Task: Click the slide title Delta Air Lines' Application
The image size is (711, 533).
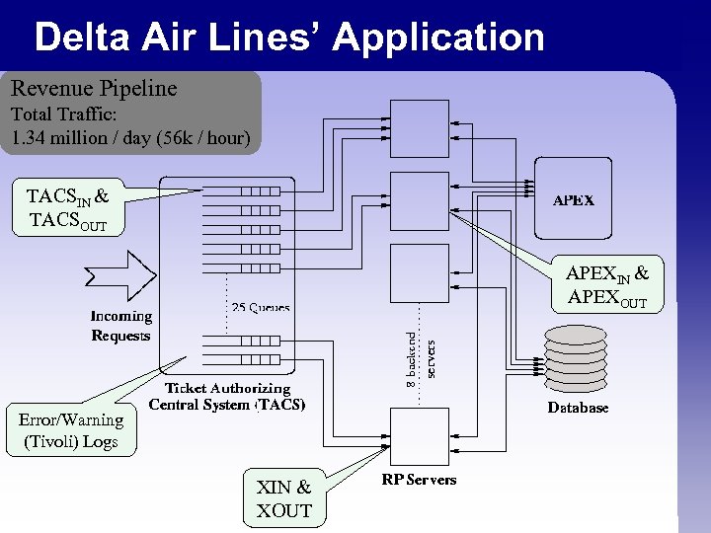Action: coord(288,38)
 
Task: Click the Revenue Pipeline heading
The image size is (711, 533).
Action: coord(94,89)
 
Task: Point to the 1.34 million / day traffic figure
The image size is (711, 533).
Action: coord(130,137)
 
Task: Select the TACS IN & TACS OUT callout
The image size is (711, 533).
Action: coord(67,209)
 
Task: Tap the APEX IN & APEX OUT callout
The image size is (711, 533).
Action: coord(607,285)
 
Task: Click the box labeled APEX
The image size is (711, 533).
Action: coord(574,199)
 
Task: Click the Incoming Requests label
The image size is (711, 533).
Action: coord(120,326)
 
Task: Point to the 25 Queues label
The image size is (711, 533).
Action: coord(260,308)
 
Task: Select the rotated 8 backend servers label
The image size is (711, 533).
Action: coord(422,354)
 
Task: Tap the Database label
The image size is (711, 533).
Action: coord(578,408)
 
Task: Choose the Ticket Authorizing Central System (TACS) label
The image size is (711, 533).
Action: coord(227,397)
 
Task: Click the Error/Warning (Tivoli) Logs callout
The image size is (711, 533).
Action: coord(70,430)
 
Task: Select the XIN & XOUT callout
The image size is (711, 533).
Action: coord(283,498)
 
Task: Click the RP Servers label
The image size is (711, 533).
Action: coord(419,480)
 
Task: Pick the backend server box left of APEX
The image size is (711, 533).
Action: coord(419,200)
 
